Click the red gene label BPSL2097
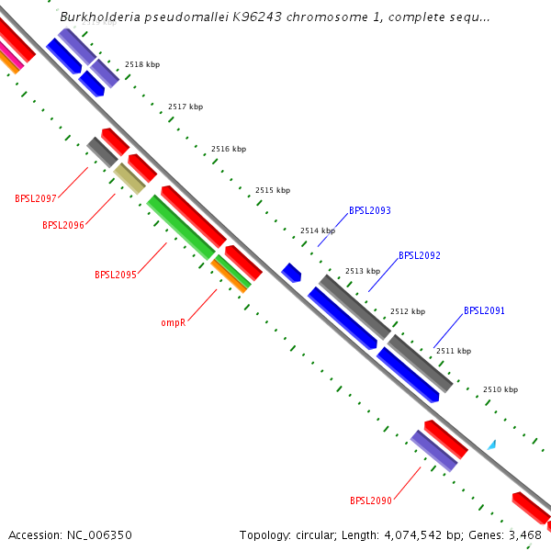pos(36,198)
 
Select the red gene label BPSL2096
pos(62,225)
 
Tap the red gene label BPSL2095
pos(115,275)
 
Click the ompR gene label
pos(174,323)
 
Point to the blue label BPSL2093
pos(369,210)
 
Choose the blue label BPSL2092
pos(419,255)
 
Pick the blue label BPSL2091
pos(484,310)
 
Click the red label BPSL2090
pos(370,500)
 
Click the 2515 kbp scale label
pos(273,190)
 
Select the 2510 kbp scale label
pos(500,389)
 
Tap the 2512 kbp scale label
pos(408,311)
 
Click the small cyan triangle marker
pos(492,444)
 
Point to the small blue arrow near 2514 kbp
pos(292,272)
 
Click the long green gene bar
pos(181,227)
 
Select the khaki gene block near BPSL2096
pos(129,178)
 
